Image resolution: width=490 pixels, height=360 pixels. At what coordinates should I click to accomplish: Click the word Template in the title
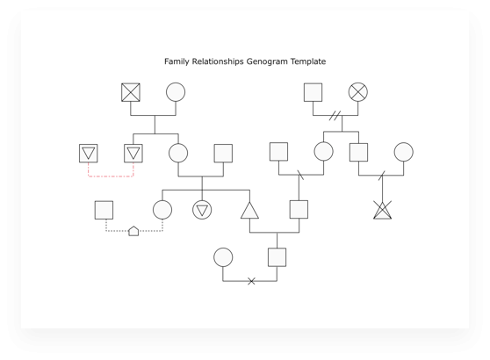point(308,61)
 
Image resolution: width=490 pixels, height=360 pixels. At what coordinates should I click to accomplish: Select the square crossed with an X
point(131,92)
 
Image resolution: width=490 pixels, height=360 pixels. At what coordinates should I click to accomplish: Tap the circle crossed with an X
point(358,92)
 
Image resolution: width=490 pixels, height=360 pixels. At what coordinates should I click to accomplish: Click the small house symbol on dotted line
point(133,231)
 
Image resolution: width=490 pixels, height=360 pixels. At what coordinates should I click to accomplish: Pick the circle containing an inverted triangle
point(202,210)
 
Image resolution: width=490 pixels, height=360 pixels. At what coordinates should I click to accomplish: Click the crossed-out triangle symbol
point(383,210)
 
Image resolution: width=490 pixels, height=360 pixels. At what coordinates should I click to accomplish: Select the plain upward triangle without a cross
point(249,211)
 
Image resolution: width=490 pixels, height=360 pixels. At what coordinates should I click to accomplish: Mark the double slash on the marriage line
point(335,115)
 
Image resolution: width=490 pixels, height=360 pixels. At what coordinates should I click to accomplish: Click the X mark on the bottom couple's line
point(251,281)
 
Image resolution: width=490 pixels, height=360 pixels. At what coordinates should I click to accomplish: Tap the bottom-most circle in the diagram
point(223,257)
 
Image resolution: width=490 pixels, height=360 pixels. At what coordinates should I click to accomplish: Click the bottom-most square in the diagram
point(277,257)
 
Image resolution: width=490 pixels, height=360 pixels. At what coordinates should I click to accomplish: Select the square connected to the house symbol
point(104,210)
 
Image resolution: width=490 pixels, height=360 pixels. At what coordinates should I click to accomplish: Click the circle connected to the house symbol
point(162,210)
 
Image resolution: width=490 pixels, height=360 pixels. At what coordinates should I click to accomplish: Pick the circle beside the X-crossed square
point(176,92)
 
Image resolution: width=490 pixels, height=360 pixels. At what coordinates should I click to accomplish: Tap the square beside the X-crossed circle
point(313,92)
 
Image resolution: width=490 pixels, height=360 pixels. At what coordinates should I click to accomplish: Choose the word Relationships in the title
point(218,61)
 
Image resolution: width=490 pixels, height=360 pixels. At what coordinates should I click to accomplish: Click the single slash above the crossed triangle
point(382,176)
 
